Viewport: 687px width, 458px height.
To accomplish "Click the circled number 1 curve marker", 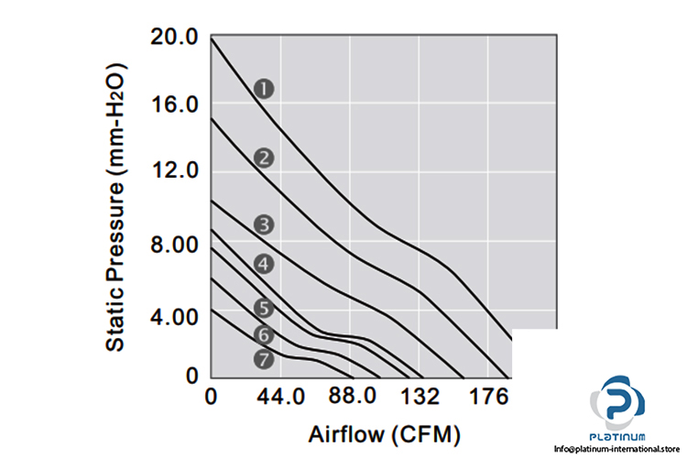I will click(265, 89).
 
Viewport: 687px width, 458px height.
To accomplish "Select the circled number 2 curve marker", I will click(265, 158).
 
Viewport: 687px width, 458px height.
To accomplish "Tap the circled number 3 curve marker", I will click(265, 224).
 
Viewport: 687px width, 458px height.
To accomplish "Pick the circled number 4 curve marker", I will click(265, 264).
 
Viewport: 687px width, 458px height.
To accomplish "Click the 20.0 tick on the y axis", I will click(173, 38).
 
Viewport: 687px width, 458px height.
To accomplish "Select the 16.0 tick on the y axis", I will click(173, 105).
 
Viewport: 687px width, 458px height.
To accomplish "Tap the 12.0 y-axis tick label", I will click(173, 172).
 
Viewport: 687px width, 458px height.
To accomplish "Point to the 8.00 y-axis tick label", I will click(173, 245).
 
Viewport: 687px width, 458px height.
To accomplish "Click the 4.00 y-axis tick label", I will click(173, 317).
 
